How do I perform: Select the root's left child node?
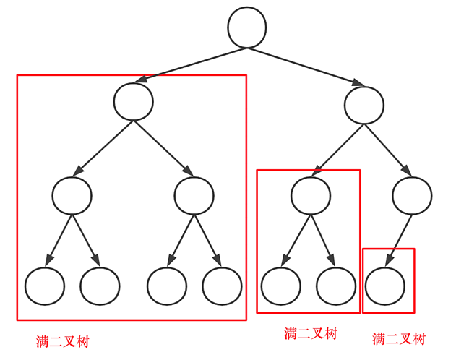click(x=134, y=102)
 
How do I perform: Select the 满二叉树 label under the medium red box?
click(x=311, y=333)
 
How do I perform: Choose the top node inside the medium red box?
click(x=311, y=194)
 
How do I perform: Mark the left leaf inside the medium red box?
click(x=280, y=286)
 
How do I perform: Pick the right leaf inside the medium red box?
click(x=336, y=286)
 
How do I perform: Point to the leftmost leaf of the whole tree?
click(x=45, y=286)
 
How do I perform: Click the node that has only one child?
click(x=412, y=194)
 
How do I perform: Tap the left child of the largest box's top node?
click(x=72, y=194)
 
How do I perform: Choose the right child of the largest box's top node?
click(x=194, y=194)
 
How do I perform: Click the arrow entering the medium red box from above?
click(x=337, y=149)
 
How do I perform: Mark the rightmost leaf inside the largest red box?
click(x=222, y=286)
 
